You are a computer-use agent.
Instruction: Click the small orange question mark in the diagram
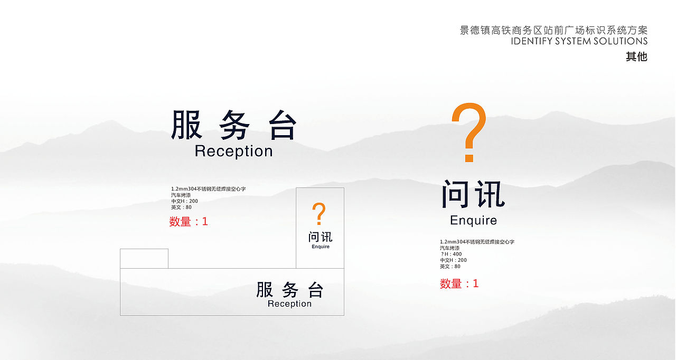[x=318, y=214]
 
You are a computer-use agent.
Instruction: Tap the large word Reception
[x=233, y=151]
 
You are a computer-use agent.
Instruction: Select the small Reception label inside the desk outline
[x=289, y=304]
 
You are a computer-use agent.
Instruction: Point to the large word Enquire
[x=473, y=220]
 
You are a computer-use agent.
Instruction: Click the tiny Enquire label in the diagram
[x=321, y=247]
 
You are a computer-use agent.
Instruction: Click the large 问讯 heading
[x=473, y=195]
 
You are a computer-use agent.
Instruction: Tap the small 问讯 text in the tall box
[x=321, y=237]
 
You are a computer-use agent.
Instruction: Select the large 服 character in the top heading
[x=186, y=125]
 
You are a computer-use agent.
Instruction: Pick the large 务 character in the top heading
[x=234, y=125]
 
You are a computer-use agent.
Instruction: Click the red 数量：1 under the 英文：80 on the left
[x=189, y=222]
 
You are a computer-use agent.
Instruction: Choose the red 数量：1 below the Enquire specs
[x=459, y=284]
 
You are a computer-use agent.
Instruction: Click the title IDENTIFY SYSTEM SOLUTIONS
[x=579, y=41]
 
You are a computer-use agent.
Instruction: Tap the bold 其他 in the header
[x=636, y=56]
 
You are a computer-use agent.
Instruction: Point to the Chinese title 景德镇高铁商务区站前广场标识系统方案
[x=553, y=30]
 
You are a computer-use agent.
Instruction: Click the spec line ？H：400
[x=451, y=254]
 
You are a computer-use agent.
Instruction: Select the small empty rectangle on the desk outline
[x=144, y=259]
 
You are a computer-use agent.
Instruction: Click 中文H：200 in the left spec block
[x=184, y=201]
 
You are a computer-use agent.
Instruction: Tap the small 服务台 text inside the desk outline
[x=289, y=290]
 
